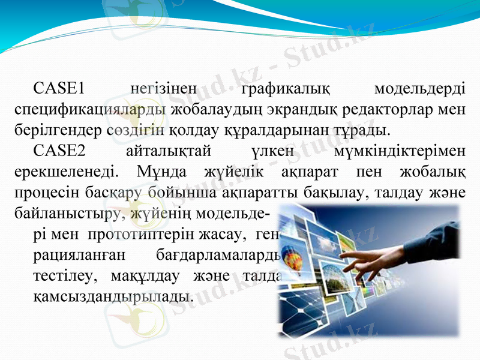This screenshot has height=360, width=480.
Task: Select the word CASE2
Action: click(x=59, y=152)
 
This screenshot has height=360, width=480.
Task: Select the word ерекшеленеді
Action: click(x=66, y=173)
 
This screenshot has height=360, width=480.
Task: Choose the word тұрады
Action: click(x=360, y=130)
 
